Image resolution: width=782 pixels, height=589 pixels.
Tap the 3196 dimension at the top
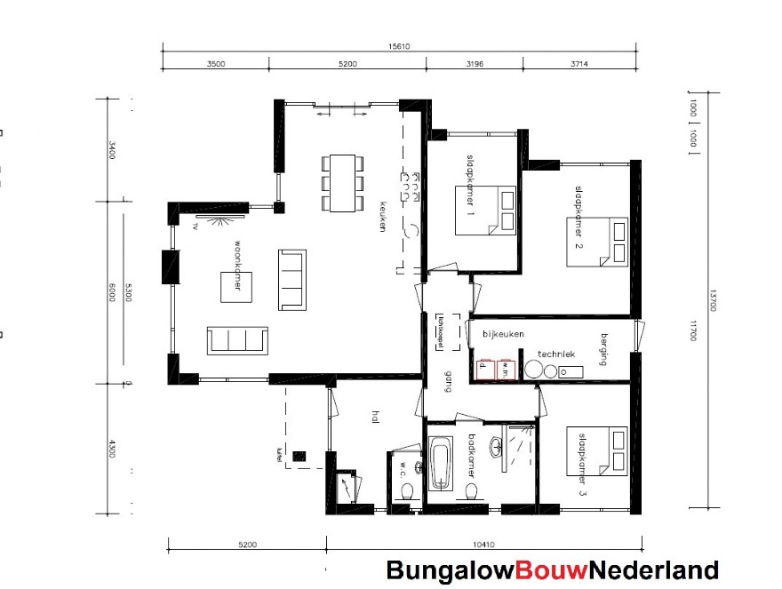(x=473, y=64)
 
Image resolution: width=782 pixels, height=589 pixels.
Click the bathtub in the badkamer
(x=441, y=463)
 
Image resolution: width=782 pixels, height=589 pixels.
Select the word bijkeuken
(x=503, y=334)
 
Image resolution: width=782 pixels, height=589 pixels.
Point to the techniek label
(x=556, y=354)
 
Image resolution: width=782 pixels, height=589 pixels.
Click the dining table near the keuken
(x=341, y=183)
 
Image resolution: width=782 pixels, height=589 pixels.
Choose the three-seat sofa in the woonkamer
(x=238, y=339)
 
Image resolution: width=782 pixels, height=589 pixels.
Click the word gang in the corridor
(x=449, y=379)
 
